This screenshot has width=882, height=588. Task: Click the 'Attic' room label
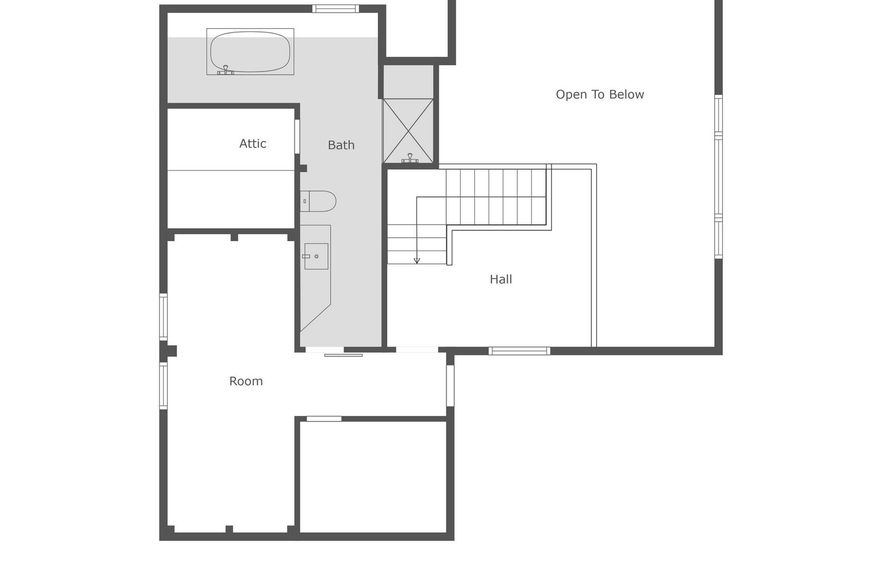pyautogui.click(x=253, y=144)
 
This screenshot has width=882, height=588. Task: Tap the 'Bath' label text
pyautogui.click(x=341, y=145)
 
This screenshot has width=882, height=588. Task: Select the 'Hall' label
pyautogui.click(x=500, y=279)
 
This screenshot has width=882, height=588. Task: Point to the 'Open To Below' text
pyautogui.click(x=599, y=95)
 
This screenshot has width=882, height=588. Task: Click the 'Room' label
pyautogui.click(x=246, y=381)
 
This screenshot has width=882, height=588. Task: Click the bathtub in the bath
pyautogui.click(x=250, y=51)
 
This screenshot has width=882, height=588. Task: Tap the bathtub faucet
pyautogui.click(x=225, y=70)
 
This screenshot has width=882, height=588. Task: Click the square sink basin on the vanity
pyautogui.click(x=316, y=256)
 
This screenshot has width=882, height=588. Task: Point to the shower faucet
pyautogui.click(x=409, y=158)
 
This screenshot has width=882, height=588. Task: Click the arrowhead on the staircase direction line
pyautogui.click(x=417, y=261)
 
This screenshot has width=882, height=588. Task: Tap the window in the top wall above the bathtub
pyautogui.click(x=335, y=8)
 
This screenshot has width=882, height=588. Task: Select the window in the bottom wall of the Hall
pyautogui.click(x=519, y=351)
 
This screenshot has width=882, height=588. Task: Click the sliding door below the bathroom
pyautogui.click(x=343, y=355)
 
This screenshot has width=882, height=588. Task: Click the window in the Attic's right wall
pyautogui.click(x=297, y=136)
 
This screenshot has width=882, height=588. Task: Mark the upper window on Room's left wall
pyautogui.click(x=163, y=317)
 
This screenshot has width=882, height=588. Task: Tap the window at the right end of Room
pyautogui.click(x=450, y=385)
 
